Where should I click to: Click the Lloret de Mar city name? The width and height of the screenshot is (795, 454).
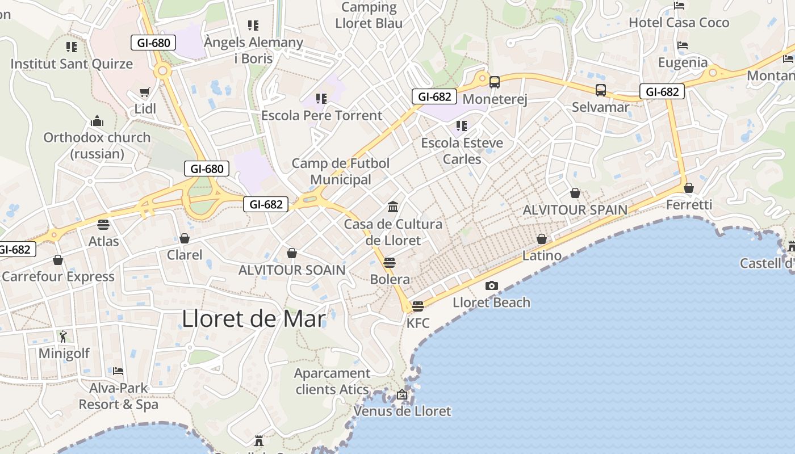tap(254, 319)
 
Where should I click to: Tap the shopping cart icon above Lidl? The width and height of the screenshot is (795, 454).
tap(145, 92)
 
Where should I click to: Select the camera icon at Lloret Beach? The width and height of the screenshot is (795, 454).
tap(492, 285)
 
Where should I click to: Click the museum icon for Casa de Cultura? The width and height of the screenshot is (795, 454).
tap(393, 207)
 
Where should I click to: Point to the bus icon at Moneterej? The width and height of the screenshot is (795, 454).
tap(495, 82)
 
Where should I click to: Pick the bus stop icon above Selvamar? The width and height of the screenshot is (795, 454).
tap(601, 90)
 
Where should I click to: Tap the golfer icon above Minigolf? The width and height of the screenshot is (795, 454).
tap(63, 336)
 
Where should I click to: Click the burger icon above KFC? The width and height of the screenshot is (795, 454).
tap(418, 306)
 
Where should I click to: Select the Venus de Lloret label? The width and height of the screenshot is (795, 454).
tap(402, 411)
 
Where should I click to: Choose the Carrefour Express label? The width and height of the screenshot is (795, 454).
tap(58, 277)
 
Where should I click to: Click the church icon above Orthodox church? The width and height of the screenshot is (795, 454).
tap(97, 121)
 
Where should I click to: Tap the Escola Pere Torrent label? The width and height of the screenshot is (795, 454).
tap(321, 116)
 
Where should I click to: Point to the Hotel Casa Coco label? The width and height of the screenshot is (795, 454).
tap(679, 23)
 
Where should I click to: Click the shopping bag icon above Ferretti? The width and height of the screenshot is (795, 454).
tap(689, 188)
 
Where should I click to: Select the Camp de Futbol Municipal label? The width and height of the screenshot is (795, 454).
tap(341, 171)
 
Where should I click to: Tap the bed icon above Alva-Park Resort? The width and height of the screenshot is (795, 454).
tap(118, 371)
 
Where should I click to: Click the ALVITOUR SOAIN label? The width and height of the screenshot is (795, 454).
tap(292, 270)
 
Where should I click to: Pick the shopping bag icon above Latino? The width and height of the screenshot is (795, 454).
tap(542, 239)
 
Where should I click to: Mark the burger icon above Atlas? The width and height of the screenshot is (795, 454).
tap(103, 224)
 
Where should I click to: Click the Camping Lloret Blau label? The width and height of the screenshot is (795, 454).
tap(369, 15)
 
